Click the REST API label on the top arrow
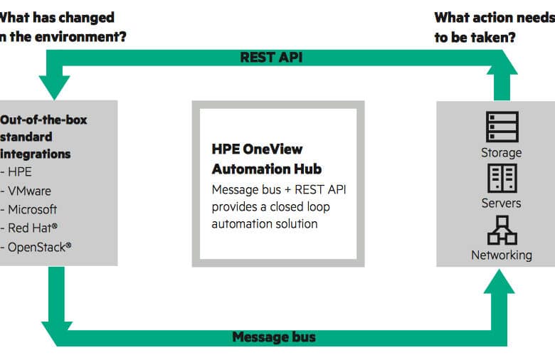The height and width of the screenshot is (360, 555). (271, 58)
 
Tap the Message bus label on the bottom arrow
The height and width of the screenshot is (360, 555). (274, 337)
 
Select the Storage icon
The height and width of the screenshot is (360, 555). (502, 127)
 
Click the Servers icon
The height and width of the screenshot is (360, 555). (502, 178)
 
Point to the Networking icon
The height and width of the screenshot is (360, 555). (502, 230)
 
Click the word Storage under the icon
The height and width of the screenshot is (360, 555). (501, 153)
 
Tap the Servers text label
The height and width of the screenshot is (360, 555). (501, 203)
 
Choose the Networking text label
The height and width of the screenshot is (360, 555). (502, 255)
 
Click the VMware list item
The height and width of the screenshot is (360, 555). (29, 191)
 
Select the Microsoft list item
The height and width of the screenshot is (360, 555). (32, 210)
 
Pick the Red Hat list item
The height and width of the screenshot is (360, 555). (33, 228)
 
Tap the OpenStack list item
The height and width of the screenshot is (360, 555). (40, 247)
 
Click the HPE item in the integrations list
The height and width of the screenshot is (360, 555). (20, 172)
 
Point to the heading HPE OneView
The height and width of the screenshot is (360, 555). (257, 149)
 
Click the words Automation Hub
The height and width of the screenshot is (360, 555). (267, 169)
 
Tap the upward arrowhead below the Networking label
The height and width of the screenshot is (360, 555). (499, 282)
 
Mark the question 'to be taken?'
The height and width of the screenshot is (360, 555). (475, 37)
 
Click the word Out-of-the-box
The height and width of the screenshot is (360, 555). (43, 120)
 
